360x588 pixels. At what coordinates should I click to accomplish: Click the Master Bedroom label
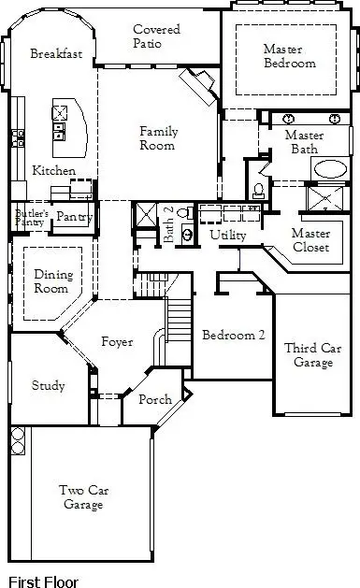pos(289,56)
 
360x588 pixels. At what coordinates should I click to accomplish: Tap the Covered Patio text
pos(156,36)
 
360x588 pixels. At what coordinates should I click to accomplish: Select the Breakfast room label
pos(56,54)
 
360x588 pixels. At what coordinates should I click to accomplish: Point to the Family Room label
pos(158,138)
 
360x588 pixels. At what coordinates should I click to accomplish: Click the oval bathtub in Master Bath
pos(328,169)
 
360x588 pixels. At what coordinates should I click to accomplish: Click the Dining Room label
pos(52,281)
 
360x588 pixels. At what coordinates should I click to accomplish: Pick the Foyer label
pos(117,342)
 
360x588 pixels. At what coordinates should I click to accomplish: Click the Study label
pos(48,385)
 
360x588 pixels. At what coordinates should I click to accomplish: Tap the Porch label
pos(154,400)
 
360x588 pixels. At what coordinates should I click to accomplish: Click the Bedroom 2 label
pos(229,336)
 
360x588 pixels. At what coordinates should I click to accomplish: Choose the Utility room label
pos(227,235)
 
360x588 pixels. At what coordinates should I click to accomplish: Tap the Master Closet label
pos(310,240)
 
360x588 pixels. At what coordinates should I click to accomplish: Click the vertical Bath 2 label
pos(169,226)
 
